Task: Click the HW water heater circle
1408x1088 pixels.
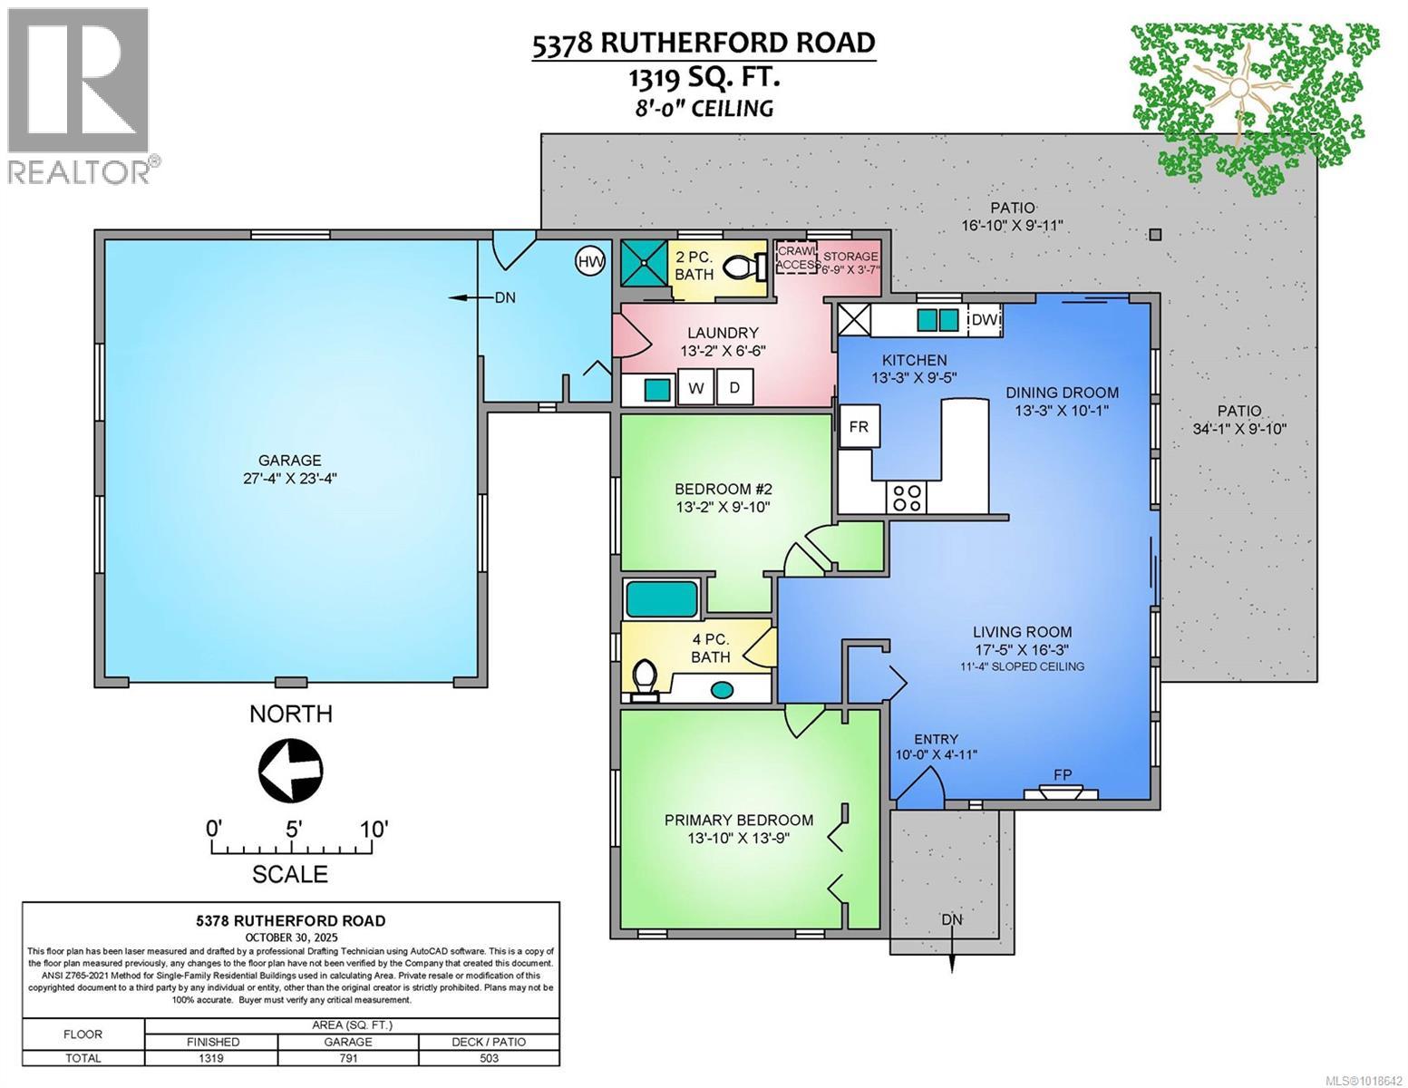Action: pyautogui.click(x=590, y=263)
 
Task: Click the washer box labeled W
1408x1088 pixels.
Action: pyautogui.click(x=696, y=389)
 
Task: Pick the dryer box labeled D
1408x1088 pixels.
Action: pyautogui.click(x=735, y=389)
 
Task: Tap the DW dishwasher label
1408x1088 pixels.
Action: pyautogui.click(x=985, y=320)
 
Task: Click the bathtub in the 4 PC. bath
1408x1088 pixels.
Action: pyautogui.click(x=661, y=599)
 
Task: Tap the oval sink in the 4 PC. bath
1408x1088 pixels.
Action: pyautogui.click(x=722, y=690)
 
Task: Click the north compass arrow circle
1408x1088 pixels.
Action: pyautogui.click(x=291, y=771)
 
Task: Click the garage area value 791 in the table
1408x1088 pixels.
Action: pyautogui.click(x=348, y=1058)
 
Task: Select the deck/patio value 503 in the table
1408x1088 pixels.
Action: pyautogui.click(x=489, y=1058)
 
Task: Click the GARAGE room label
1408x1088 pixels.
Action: pyautogui.click(x=290, y=461)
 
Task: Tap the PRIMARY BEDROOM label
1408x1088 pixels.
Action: pyautogui.click(x=739, y=820)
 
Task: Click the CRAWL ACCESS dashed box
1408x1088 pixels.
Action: pyautogui.click(x=796, y=259)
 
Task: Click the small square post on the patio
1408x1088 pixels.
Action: pyautogui.click(x=1155, y=236)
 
